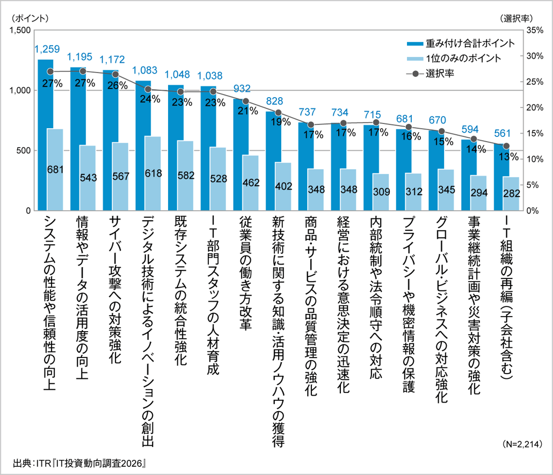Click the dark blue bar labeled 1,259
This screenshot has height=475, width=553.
(x=42, y=134)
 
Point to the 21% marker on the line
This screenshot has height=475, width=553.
(x=246, y=101)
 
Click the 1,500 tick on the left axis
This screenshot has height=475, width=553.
(x=19, y=31)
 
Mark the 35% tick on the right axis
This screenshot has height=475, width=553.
(x=535, y=31)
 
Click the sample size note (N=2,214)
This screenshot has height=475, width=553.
(x=523, y=444)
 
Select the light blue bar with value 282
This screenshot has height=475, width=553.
(x=510, y=193)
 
